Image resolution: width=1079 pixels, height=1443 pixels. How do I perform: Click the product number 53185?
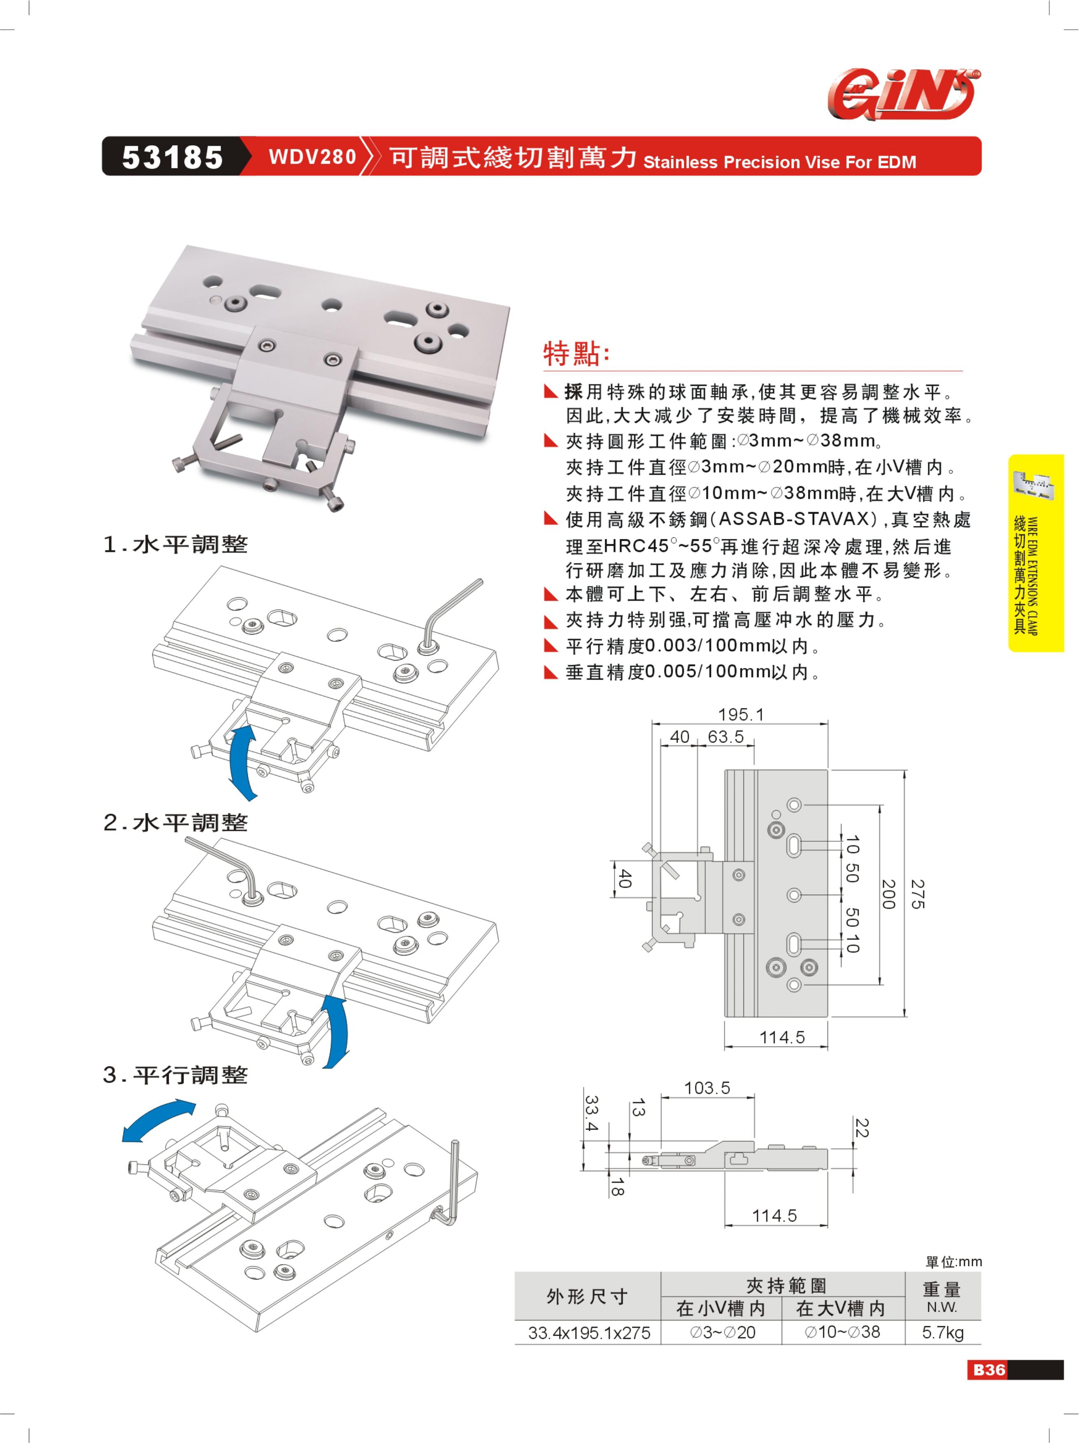[x=172, y=157]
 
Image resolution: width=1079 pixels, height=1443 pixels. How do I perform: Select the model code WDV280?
[x=313, y=157]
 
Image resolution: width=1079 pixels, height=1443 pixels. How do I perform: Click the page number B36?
[x=990, y=1369]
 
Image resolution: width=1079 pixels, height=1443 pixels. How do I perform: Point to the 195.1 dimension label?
[x=741, y=715]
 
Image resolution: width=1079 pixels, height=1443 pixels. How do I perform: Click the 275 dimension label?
[x=918, y=894]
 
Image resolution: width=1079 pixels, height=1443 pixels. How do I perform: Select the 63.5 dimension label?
[x=726, y=736]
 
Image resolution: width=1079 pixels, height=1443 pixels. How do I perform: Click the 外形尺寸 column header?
[x=587, y=1296]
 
